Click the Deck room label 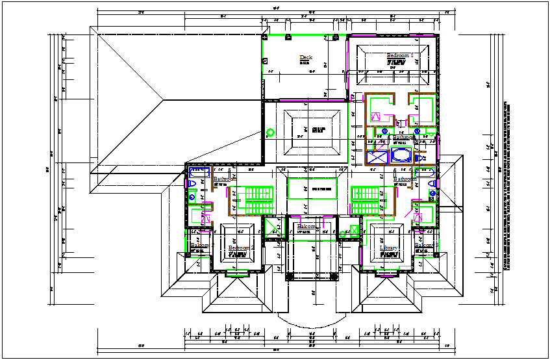click(305, 58)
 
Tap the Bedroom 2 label click(240, 248)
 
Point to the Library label click(389, 249)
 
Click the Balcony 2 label click(200, 246)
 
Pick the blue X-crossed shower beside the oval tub click(377, 157)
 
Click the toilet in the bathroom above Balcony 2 click(192, 185)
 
